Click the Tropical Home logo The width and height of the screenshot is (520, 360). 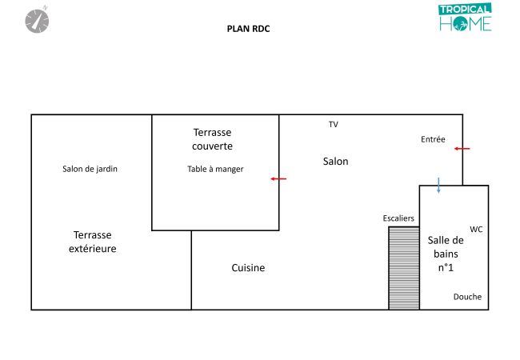pos(465,18)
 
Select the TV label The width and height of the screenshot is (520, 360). pos(334,125)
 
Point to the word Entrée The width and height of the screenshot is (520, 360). pos(433,139)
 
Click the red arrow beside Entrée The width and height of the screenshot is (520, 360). pos(462,149)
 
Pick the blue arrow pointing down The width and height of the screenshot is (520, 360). pos(438,185)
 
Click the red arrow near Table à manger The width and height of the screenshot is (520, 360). pos(278,178)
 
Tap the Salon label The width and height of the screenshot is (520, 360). pos(336,162)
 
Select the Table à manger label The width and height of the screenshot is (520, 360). pos(215,169)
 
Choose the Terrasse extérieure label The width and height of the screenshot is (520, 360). pos(92,242)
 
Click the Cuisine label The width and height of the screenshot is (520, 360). pos(248,268)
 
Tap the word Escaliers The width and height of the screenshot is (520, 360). pos(398,218)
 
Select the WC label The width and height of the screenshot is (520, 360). pos(476,230)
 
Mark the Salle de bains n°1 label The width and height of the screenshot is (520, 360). pos(446,254)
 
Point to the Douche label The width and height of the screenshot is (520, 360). pos(467,297)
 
